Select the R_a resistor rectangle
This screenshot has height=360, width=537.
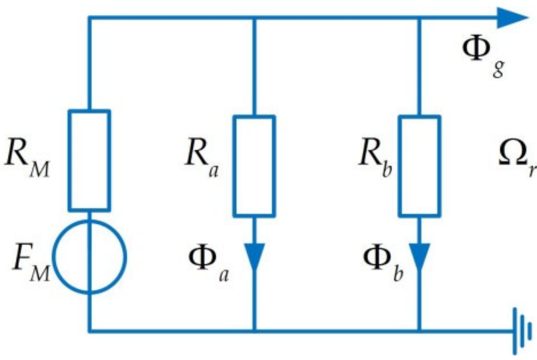click(x=254, y=166)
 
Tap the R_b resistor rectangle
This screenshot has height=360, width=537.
click(x=420, y=166)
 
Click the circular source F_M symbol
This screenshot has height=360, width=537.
click(x=89, y=257)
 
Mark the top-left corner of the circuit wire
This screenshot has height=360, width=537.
click(x=89, y=17)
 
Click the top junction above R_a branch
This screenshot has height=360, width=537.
click(x=254, y=17)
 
